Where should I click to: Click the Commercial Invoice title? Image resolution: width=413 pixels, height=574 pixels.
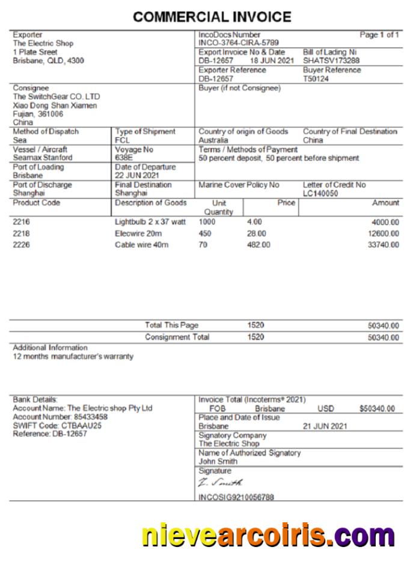212,17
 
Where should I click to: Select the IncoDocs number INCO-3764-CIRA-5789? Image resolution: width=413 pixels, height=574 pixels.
238,43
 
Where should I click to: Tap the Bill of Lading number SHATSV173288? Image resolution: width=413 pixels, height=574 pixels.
331,61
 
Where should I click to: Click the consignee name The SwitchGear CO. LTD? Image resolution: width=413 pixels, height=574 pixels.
57,97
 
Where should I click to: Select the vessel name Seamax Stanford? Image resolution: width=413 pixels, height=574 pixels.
43,158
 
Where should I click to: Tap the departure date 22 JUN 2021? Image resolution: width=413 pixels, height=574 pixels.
138,175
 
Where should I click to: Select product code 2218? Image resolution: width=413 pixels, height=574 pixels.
21,233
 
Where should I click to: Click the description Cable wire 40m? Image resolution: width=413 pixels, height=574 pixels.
142,245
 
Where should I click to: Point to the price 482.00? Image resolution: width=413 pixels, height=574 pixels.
259,245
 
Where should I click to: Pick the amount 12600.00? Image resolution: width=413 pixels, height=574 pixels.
383,233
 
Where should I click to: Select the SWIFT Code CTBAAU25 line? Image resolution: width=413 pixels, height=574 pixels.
57,425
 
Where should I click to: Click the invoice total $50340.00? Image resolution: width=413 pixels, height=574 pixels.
377,409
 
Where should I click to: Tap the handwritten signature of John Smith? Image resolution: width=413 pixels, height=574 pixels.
220,483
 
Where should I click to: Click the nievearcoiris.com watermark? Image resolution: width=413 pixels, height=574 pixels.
268,535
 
